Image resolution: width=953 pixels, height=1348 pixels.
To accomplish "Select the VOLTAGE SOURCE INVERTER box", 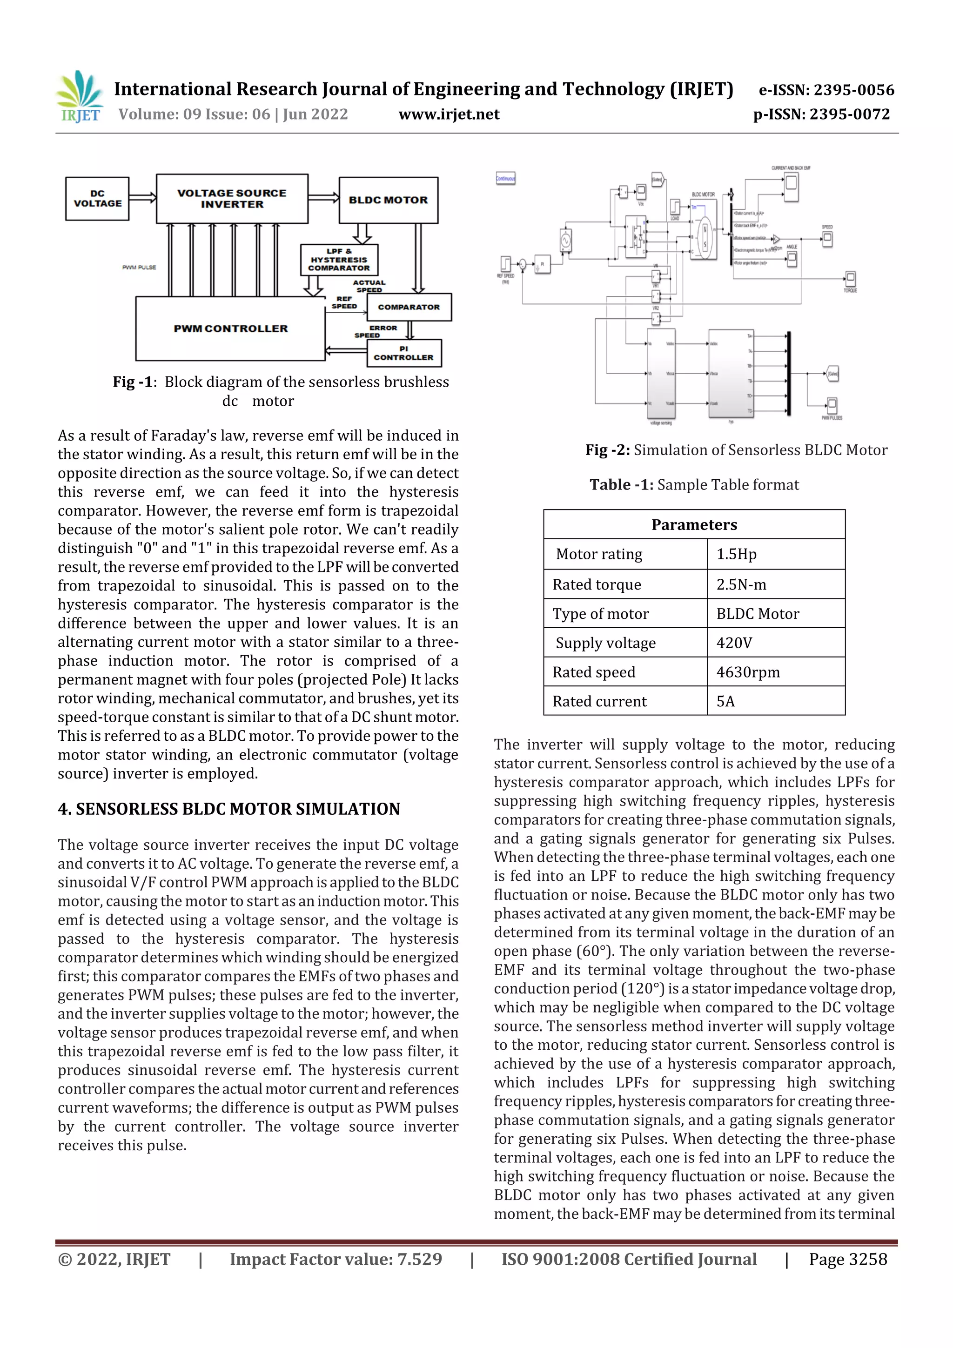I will pyautogui.click(x=232, y=198).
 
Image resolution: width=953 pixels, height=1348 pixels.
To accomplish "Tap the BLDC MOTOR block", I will pyautogui.click(x=388, y=200).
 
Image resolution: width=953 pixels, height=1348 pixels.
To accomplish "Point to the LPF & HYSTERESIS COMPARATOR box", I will pyautogui.click(x=339, y=260).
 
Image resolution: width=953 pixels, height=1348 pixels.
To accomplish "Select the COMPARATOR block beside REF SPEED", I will pyautogui.click(x=409, y=307).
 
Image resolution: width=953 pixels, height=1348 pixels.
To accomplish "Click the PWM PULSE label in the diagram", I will pyautogui.click(x=139, y=268).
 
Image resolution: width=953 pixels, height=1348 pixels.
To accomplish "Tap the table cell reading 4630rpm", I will pyautogui.click(x=748, y=672).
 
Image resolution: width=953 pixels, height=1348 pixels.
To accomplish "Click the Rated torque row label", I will pyautogui.click(x=597, y=585).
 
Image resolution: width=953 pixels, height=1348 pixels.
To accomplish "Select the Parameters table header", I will pyautogui.click(x=694, y=525).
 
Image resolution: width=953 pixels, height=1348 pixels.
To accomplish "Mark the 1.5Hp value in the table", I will pyautogui.click(x=736, y=554).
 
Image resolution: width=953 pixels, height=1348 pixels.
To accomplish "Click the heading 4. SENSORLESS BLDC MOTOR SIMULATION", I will pyautogui.click(x=228, y=809).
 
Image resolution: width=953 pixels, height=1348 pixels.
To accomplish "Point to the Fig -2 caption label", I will pyautogui.click(x=608, y=450).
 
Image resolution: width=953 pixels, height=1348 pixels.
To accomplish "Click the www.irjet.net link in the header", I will pyautogui.click(x=449, y=114).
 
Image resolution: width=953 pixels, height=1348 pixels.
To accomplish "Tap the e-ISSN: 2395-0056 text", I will pyautogui.click(x=826, y=90).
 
